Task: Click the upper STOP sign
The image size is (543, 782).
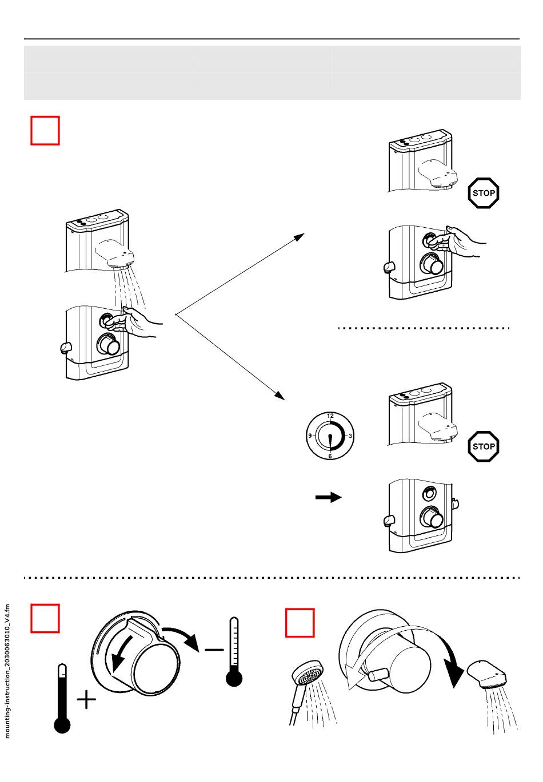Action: [x=484, y=193]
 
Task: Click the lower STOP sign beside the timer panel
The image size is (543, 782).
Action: [x=484, y=446]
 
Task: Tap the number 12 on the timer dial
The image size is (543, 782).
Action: [x=330, y=416]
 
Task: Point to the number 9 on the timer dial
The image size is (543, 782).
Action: [x=310, y=436]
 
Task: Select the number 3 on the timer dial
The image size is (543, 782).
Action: [x=350, y=436]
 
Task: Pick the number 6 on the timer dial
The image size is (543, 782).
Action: [x=330, y=456]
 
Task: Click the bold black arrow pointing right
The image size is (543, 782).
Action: [x=329, y=498]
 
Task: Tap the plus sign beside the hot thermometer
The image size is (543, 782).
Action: [x=86, y=700]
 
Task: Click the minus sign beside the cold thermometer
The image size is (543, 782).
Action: [x=214, y=650]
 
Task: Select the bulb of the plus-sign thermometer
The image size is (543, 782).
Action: [x=62, y=725]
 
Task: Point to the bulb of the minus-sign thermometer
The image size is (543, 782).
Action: [x=234, y=678]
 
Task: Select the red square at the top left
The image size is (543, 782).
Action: [x=45, y=131]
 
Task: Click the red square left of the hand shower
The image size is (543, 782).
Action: [x=300, y=623]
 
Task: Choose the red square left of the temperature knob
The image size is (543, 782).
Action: [x=45, y=619]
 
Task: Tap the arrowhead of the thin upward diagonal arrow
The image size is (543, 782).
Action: [x=300, y=236]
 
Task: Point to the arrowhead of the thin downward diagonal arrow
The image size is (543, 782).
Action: [x=280, y=396]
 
